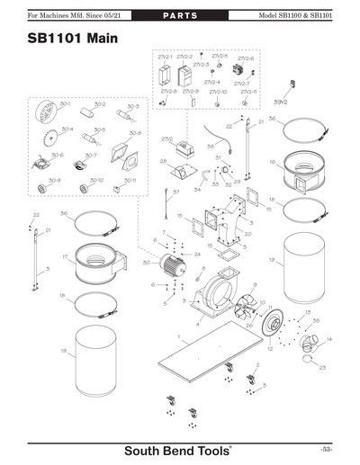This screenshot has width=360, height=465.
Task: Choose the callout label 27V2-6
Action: (246, 59)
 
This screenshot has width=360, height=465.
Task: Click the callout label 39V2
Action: (282, 103)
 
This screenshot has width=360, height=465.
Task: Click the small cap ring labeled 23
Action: (309, 360)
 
